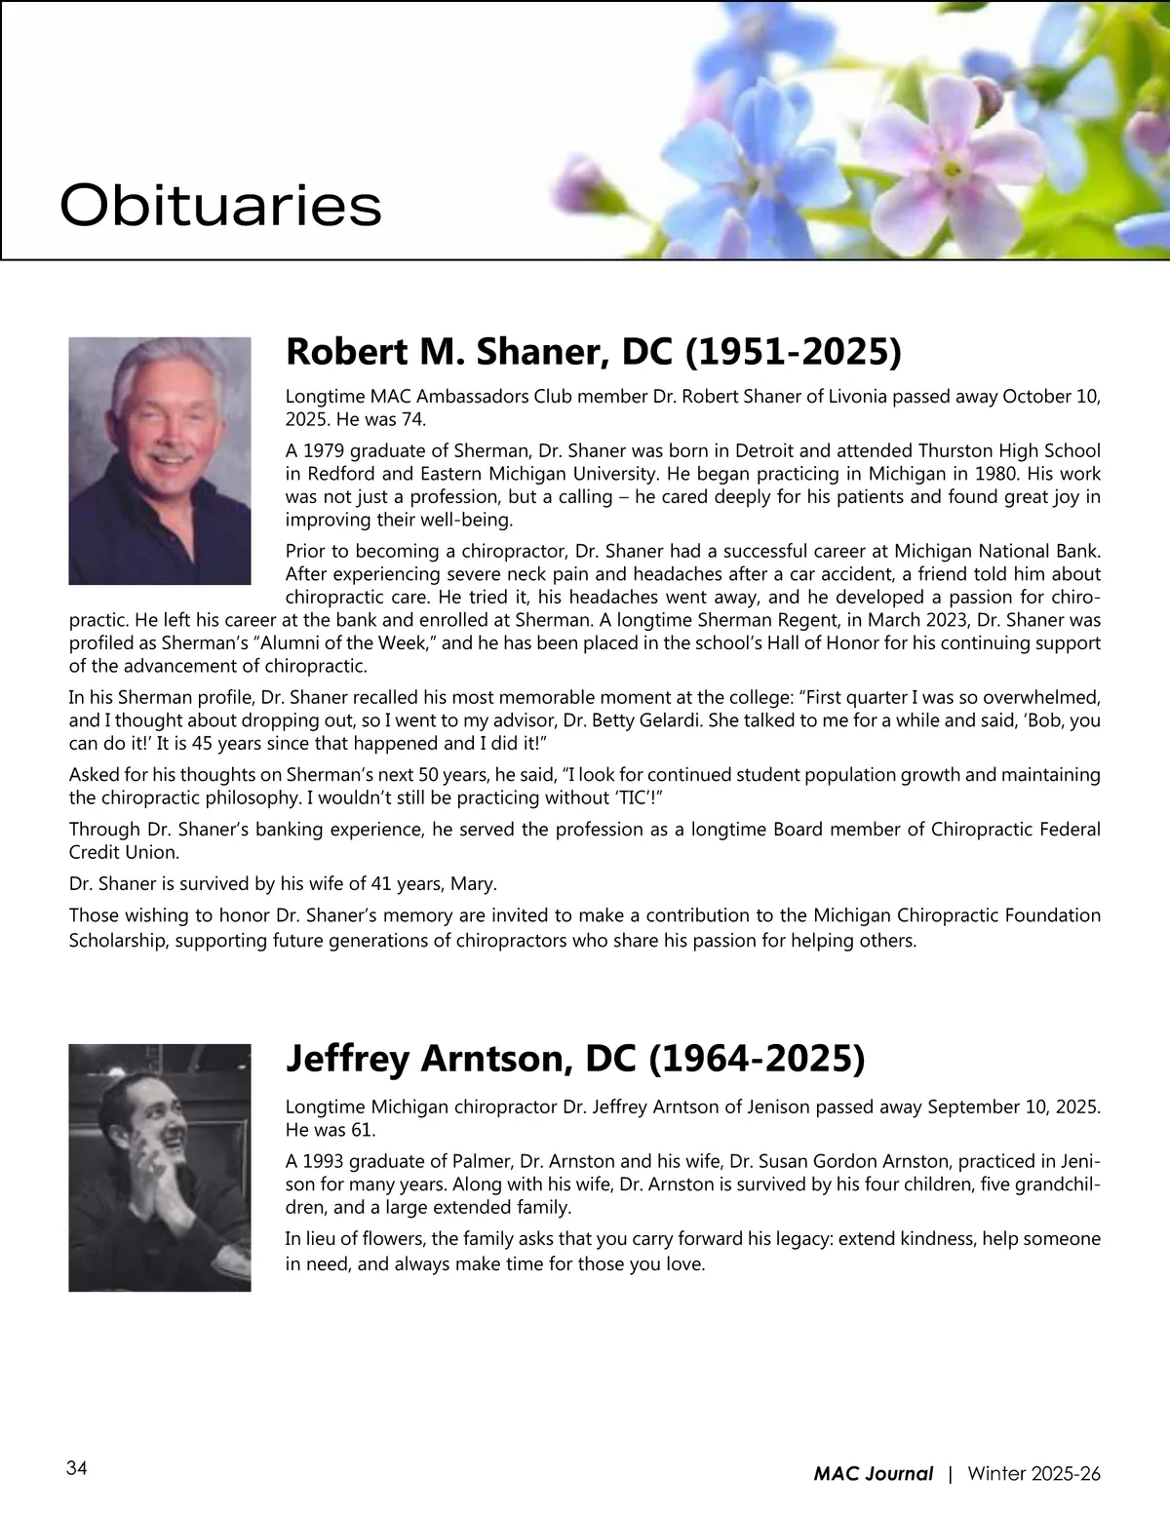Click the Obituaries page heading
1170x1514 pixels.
point(220,206)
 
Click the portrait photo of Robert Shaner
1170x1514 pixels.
point(160,460)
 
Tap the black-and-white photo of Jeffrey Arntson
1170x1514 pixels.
point(160,1167)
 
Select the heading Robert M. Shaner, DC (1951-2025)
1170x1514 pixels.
point(593,352)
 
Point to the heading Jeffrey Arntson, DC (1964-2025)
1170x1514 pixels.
point(574,1059)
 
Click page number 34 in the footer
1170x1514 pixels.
point(77,1468)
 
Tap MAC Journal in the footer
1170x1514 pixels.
point(873,1474)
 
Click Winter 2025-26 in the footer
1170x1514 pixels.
point(1033,1474)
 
